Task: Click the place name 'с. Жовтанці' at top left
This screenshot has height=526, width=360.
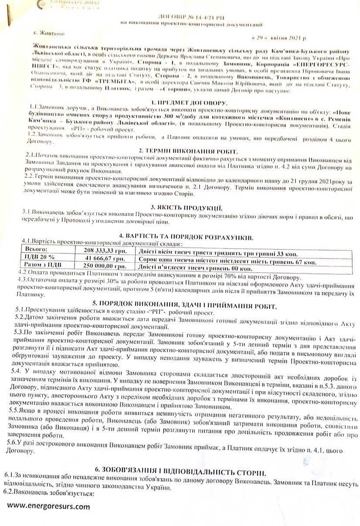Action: click(48, 33)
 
